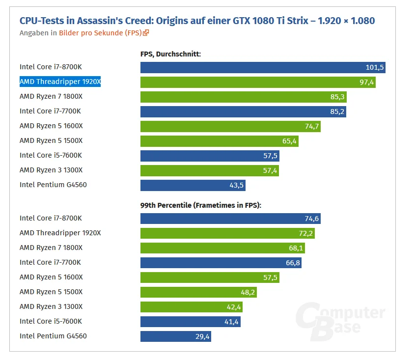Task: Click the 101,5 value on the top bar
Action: pyautogui.click(x=374, y=67)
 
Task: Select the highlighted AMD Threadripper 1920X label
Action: pyautogui.click(x=60, y=82)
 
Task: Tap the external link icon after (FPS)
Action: pyautogui.click(x=146, y=33)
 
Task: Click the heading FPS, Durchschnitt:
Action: pyautogui.click(x=170, y=54)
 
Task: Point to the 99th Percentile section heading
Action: pyautogui.click(x=201, y=205)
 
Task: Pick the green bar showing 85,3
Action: pyautogui.click(x=244, y=97)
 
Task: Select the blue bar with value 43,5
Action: pyautogui.click(x=193, y=186)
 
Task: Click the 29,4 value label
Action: pyautogui.click(x=202, y=336)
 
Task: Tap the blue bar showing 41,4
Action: pyautogui.click(x=191, y=322)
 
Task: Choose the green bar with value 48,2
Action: pyautogui.click(x=198, y=292)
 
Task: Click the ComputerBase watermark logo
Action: pyautogui.click(x=340, y=321)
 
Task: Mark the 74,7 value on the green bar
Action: pyautogui.click(x=312, y=127)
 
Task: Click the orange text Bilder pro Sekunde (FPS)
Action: pyautogui.click(x=100, y=33)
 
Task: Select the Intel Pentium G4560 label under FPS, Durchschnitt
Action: pyautogui.click(x=53, y=185)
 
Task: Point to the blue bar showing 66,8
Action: pyautogui.click(x=221, y=263)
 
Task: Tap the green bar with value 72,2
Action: pyautogui.click(x=227, y=233)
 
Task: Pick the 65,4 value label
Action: pyautogui.click(x=289, y=141)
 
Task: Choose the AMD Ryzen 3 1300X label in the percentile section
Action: pyautogui.click(x=51, y=306)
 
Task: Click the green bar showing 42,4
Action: pyautogui.click(x=192, y=307)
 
